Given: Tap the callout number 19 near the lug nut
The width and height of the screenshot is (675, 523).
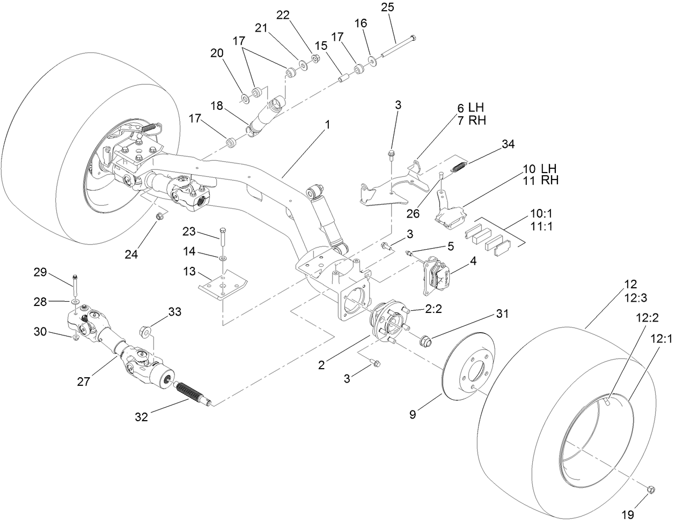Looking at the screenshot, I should tap(627, 514).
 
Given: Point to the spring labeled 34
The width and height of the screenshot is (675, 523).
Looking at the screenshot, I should tap(459, 167).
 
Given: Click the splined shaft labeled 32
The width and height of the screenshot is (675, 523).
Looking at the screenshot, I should tap(190, 394).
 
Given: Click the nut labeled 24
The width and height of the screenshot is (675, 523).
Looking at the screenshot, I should tap(159, 216).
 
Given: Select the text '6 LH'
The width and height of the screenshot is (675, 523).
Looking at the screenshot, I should tap(471, 107).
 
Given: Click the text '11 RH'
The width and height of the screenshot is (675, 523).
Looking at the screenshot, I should tap(541, 180).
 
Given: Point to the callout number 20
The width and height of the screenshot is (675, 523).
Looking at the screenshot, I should tap(217, 53).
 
